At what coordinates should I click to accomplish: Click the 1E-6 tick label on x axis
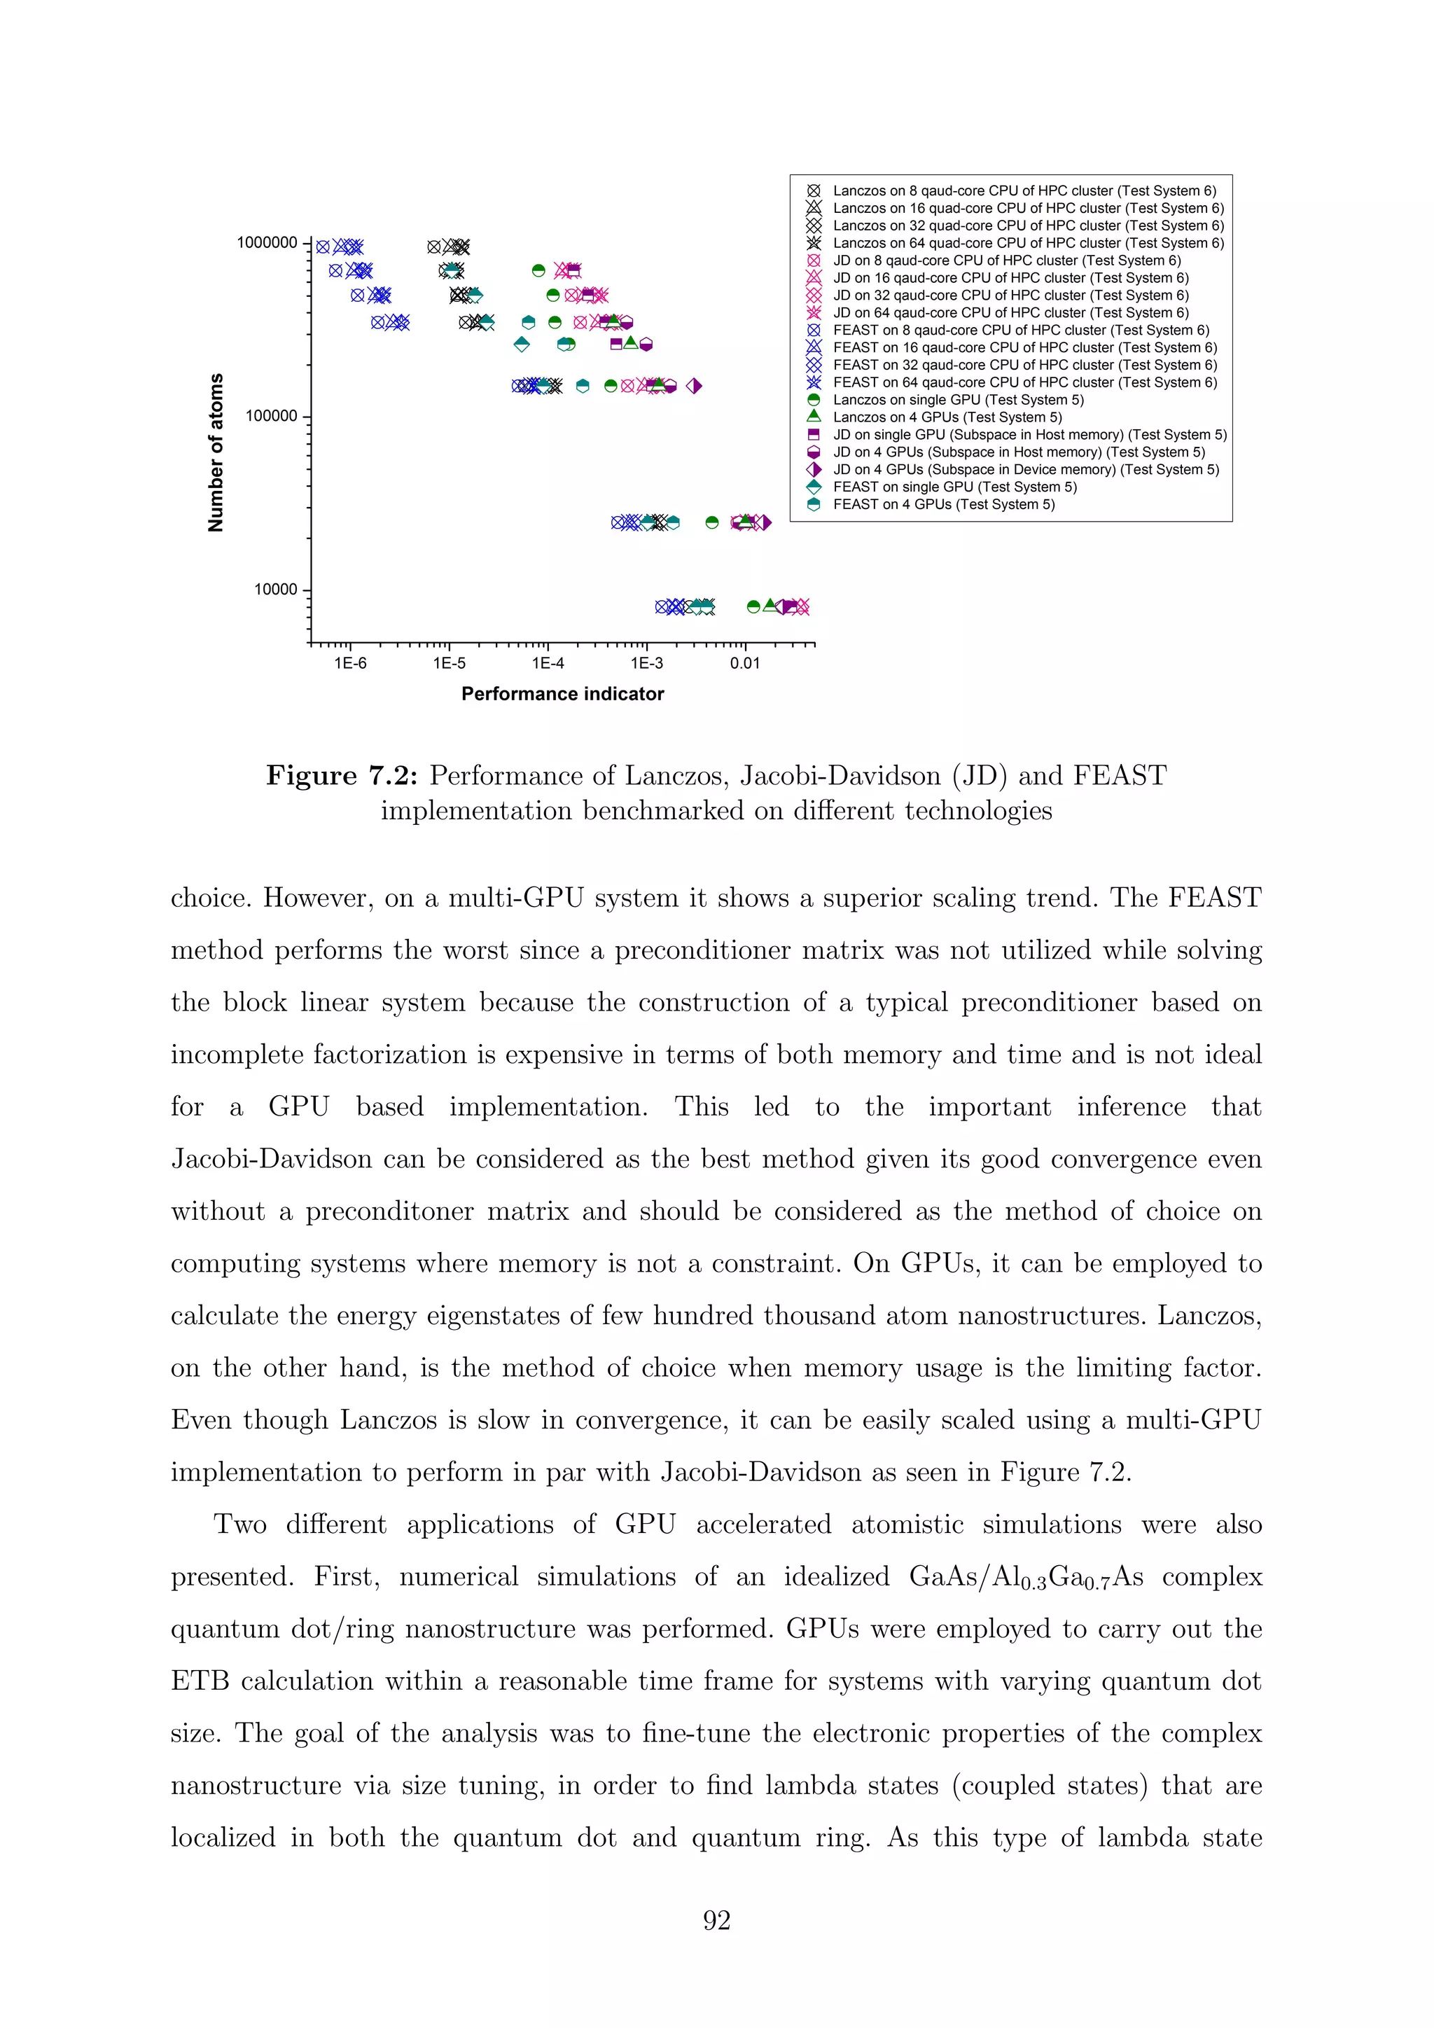pos(351,662)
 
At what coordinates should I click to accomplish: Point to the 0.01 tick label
pos(744,662)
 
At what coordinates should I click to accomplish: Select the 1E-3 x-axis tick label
pos(646,662)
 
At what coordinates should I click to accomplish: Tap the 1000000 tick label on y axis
pos(267,243)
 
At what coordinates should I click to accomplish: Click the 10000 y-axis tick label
pos(275,590)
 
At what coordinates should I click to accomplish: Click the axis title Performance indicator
pos(562,694)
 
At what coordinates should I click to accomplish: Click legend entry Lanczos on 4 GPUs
pos(947,417)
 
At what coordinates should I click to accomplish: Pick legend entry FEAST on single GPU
pos(954,487)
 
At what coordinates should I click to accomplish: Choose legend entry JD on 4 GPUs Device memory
pos(1024,469)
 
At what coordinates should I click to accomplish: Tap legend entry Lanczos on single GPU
pos(957,399)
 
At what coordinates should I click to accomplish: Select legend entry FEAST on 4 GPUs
pos(943,504)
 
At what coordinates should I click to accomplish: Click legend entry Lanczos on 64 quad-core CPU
pos(1027,243)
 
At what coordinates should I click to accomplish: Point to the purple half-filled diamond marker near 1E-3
pos(694,386)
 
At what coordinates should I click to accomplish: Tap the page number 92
pos(716,1920)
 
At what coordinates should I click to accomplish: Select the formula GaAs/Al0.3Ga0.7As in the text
pos(1026,1578)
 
